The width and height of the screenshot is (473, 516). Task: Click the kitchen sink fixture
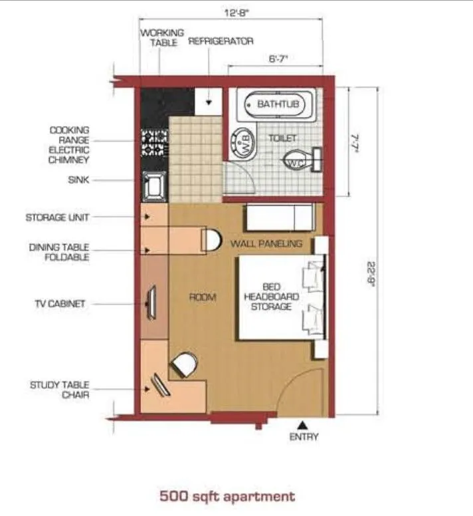154,184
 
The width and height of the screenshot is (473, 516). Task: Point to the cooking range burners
154,141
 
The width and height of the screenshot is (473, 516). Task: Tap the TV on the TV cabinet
151,303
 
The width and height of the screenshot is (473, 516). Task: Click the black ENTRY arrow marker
302,424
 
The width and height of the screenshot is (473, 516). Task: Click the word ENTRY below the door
304,437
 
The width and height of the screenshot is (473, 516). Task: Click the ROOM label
203,297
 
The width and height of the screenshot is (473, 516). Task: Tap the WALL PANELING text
266,243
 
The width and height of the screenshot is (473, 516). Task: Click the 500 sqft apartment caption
227,496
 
